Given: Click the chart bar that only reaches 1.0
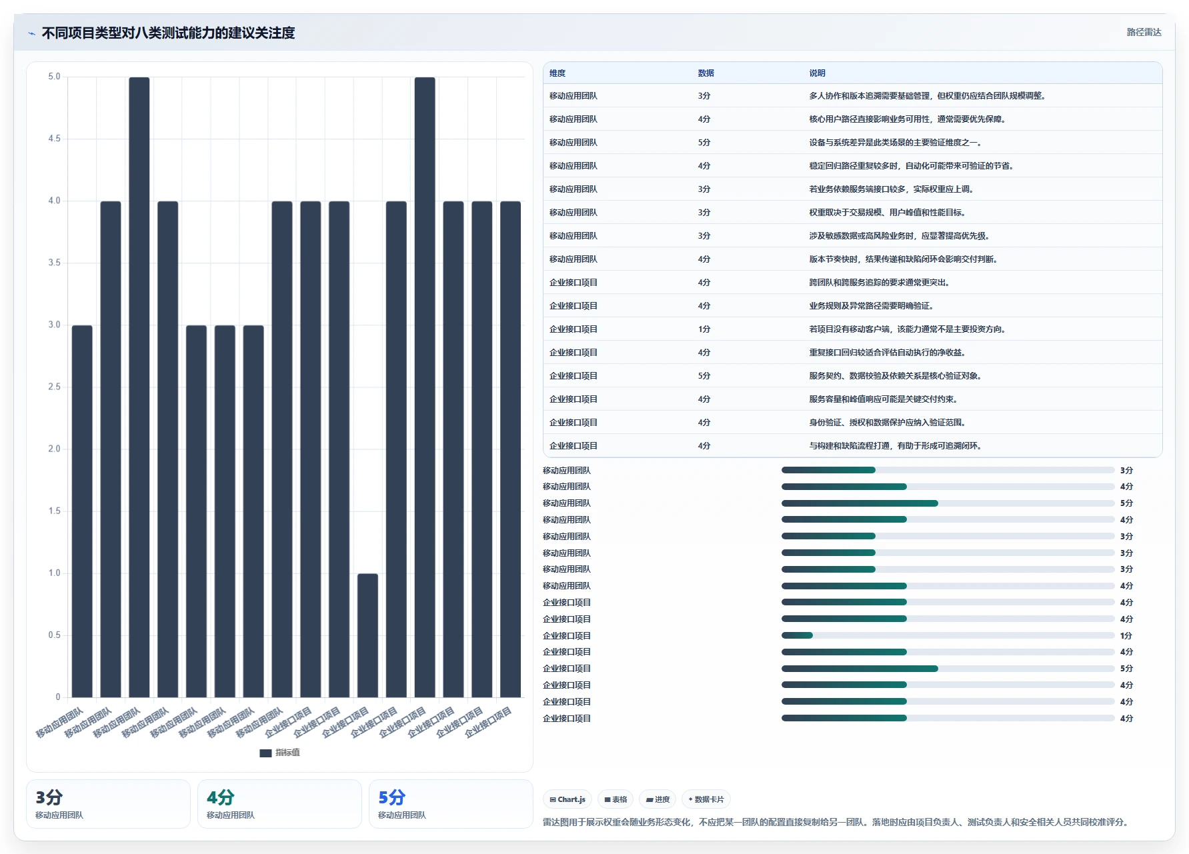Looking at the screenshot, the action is [367, 635].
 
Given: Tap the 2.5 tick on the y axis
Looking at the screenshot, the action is [54, 387].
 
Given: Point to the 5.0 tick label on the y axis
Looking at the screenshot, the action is [54, 77].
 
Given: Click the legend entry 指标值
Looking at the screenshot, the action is [279, 753].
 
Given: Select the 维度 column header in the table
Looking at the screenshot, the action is [557, 73].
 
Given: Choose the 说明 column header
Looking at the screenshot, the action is [818, 73].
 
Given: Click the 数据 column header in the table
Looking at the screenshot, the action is [706, 73].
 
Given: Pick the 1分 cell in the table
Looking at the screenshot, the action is [704, 329].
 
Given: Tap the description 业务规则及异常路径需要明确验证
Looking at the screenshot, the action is [872, 306].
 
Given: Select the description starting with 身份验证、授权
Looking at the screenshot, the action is [888, 423].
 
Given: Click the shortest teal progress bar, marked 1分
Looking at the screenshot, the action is [797, 635].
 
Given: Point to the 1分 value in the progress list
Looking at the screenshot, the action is [1126, 636].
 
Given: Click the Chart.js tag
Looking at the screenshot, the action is [567, 799].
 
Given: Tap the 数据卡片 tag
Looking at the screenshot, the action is [706, 799].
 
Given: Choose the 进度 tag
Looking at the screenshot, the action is [658, 799].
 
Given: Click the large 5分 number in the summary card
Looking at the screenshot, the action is [392, 797].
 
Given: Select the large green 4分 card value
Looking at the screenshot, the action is [221, 797].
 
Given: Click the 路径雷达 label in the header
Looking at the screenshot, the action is [1144, 32].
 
